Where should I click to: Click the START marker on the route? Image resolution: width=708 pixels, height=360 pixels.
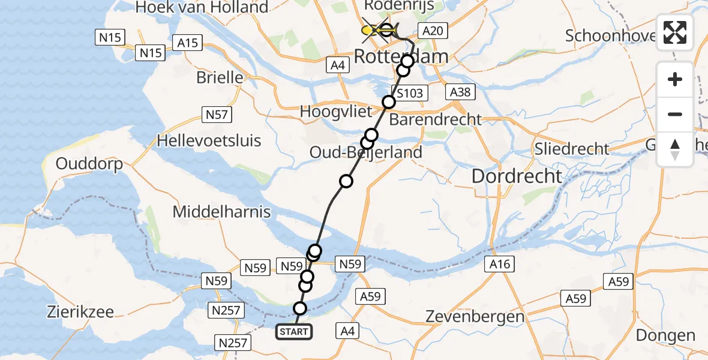pyautogui.click(x=294, y=331)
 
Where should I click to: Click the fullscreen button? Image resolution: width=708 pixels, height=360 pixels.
pyautogui.click(x=675, y=32)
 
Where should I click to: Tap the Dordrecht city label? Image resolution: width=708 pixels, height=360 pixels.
pyautogui.click(x=517, y=176)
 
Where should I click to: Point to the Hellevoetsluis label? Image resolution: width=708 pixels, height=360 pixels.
pyautogui.click(x=209, y=141)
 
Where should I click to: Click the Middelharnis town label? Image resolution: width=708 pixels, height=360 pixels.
pyautogui.click(x=221, y=212)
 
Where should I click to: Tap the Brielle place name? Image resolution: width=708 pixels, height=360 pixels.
pyautogui.click(x=220, y=78)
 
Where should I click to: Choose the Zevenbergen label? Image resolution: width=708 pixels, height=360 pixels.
pyautogui.click(x=475, y=316)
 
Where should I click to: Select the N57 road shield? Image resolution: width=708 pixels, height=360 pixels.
pyautogui.click(x=217, y=115)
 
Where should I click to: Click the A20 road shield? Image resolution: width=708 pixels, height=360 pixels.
pyautogui.click(x=433, y=32)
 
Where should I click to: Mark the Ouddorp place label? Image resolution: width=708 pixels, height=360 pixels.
pyautogui.click(x=89, y=164)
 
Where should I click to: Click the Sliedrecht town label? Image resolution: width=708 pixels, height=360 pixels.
pyautogui.click(x=572, y=149)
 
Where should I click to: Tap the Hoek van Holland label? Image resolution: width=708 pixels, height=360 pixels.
pyautogui.click(x=202, y=8)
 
